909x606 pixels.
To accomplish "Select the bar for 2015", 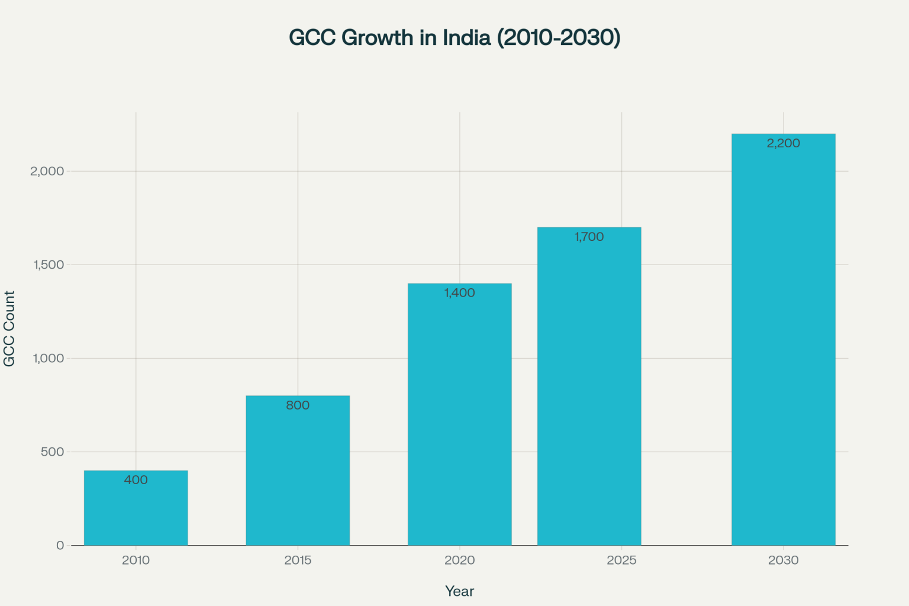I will click(298, 473).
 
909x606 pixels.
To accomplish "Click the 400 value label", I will click(136, 480).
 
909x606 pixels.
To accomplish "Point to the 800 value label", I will click(298, 405).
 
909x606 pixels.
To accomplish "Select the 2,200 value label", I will click(783, 143).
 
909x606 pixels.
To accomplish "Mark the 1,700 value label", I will click(589, 237).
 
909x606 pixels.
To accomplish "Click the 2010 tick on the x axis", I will click(136, 560).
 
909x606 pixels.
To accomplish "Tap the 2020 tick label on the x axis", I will click(459, 560).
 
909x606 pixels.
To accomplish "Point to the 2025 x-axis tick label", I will click(621, 560).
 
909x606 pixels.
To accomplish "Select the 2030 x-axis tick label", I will click(783, 560).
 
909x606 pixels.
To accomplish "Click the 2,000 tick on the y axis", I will click(47, 171).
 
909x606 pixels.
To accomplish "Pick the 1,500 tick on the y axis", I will click(49, 265).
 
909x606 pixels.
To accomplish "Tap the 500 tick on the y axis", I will click(52, 452).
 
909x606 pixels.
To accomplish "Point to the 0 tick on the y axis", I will click(60, 545).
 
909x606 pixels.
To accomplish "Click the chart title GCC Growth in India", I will click(454, 37).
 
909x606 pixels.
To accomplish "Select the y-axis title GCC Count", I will click(9, 328).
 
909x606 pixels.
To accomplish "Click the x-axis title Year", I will click(459, 591).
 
